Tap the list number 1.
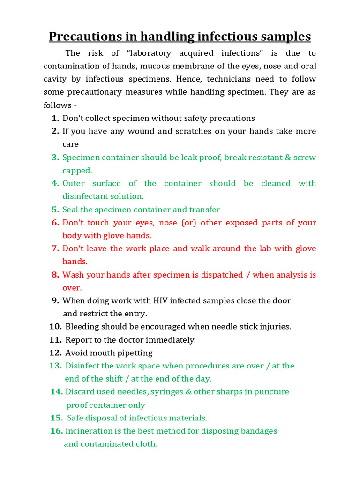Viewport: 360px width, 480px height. pos(55,118)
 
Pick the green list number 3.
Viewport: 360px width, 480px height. pos(55,157)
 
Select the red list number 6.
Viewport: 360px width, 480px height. pos(55,223)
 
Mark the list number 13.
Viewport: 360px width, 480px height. pos(55,366)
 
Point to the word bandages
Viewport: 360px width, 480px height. pos(258,431)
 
